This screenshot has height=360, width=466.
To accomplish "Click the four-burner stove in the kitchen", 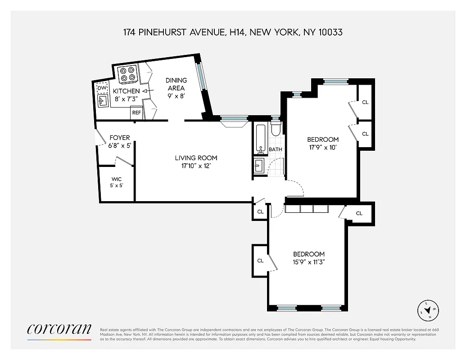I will pyautogui.click(x=127, y=74).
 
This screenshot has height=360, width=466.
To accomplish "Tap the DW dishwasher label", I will pyautogui.click(x=103, y=88).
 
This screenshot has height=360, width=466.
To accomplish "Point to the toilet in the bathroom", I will pyautogui.click(x=276, y=129).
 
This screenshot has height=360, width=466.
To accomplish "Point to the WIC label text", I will pyautogui.click(x=117, y=179).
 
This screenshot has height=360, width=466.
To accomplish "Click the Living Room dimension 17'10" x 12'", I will pyautogui.click(x=196, y=166).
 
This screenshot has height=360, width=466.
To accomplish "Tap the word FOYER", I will pyautogui.click(x=119, y=138).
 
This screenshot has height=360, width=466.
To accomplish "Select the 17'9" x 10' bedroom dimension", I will pyautogui.click(x=322, y=147).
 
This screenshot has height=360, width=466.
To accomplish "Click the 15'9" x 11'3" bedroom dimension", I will pyautogui.click(x=308, y=262).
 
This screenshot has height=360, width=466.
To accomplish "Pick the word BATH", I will pyautogui.click(x=275, y=149).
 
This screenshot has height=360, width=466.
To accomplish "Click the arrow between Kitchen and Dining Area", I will pyautogui.click(x=145, y=91).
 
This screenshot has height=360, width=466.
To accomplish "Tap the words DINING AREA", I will pyautogui.click(x=176, y=84).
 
